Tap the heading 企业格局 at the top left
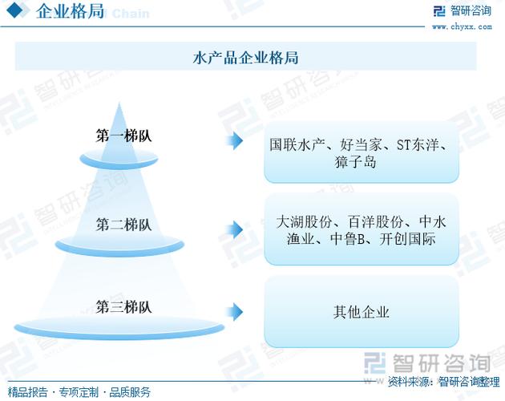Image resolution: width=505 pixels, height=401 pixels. click(x=71, y=12)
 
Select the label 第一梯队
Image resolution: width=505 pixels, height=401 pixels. click(x=123, y=136)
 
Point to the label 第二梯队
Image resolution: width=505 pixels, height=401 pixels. click(x=123, y=225)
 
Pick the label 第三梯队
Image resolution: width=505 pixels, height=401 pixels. click(x=123, y=306)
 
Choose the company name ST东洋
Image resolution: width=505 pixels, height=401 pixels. click(x=414, y=146)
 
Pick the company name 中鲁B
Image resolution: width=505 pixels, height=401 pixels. click(x=349, y=239)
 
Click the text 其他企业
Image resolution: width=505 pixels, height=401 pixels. click(x=362, y=312)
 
